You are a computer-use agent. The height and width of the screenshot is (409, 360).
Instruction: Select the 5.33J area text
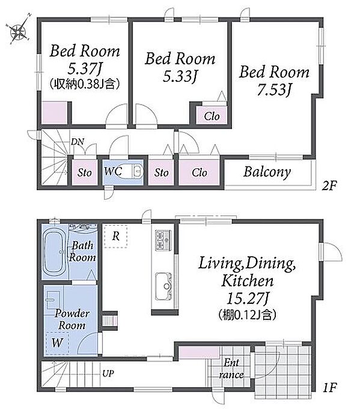[180, 76]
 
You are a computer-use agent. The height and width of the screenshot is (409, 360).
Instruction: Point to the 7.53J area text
[274, 90]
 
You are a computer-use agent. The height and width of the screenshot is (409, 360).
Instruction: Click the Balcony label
[267, 172]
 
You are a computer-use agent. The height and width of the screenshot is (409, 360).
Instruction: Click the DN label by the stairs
[78, 141]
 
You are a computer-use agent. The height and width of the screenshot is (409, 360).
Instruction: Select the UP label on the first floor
[108, 374]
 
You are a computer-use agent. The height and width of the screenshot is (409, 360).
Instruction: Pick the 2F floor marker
[329, 186]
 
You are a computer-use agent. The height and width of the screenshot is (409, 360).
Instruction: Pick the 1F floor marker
[330, 388]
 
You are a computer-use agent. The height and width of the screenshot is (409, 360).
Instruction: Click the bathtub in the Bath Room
[55, 252]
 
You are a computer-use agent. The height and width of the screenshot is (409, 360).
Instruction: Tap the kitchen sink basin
[163, 286]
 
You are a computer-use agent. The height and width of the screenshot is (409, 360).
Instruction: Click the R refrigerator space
[116, 236]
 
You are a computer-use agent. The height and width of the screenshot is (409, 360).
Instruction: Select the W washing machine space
[57, 343]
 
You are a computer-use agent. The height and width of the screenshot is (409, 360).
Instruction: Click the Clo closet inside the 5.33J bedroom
[212, 116]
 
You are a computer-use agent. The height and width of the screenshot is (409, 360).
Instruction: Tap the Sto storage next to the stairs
[85, 173]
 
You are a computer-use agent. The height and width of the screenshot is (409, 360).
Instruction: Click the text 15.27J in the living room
[248, 298]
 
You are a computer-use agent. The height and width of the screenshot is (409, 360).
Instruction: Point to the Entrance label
[231, 369]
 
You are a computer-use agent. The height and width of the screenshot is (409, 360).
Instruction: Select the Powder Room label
[72, 319]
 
